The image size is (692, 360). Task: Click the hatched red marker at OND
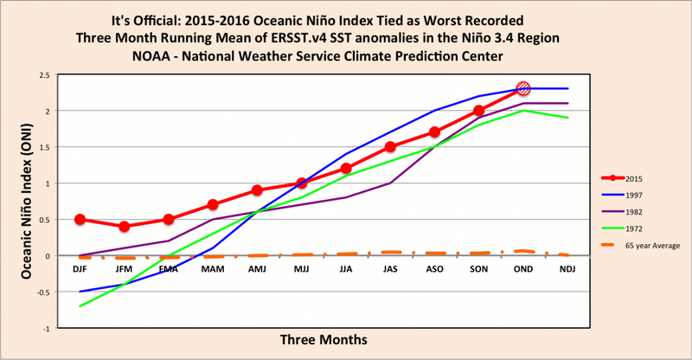coord(522,88)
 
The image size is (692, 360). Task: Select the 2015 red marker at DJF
coord(80,220)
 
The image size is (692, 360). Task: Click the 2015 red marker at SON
coord(478,111)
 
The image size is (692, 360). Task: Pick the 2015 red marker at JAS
coord(390,147)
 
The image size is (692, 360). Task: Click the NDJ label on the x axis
coord(567,270)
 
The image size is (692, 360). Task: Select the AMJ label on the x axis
coord(257,270)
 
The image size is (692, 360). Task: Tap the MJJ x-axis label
coord(301,270)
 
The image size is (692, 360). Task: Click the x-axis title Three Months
coord(323,339)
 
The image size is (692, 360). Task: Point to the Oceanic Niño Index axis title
coord(26,201)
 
